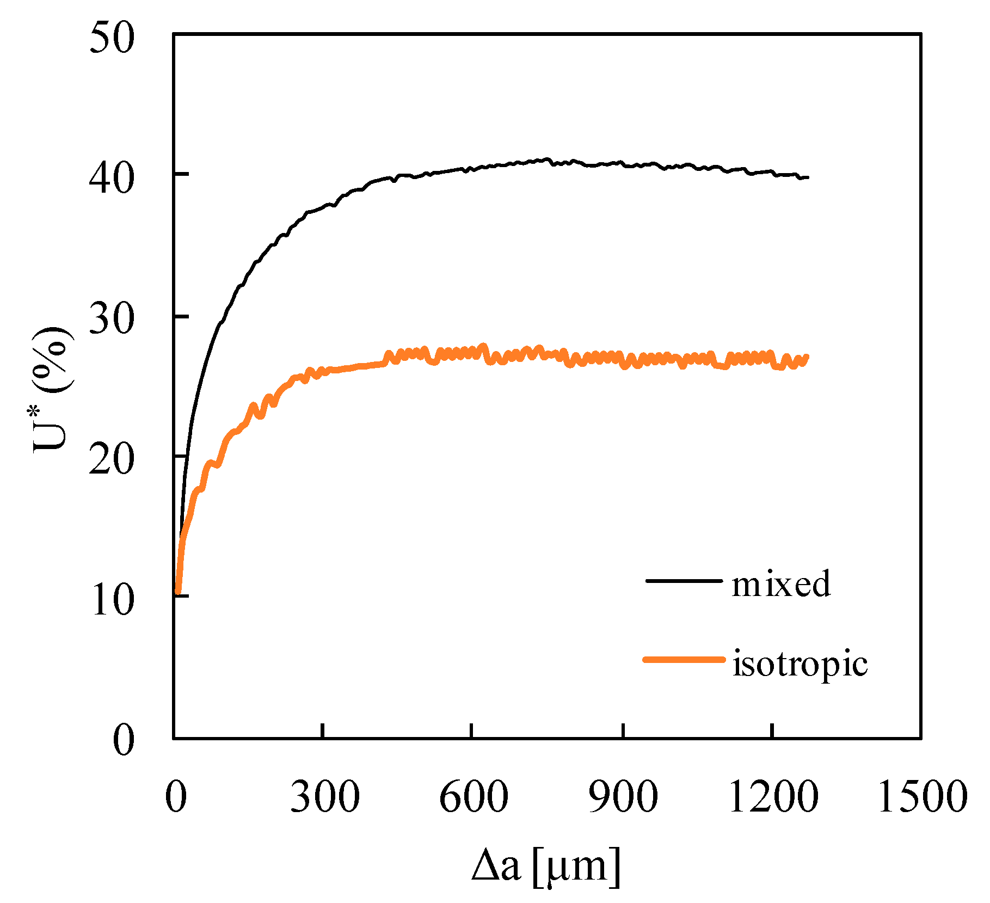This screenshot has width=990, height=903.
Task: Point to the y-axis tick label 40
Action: click(x=112, y=179)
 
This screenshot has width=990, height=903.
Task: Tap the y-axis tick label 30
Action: click(x=112, y=319)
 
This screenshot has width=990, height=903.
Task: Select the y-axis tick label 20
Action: click(x=112, y=459)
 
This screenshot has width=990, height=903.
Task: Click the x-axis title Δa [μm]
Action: click(x=546, y=866)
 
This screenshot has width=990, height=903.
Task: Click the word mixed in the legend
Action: click(x=781, y=583)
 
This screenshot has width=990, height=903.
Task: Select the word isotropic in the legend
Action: click(x=800, y=664)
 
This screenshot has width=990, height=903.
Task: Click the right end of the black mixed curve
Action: click(x=808, y=177)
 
